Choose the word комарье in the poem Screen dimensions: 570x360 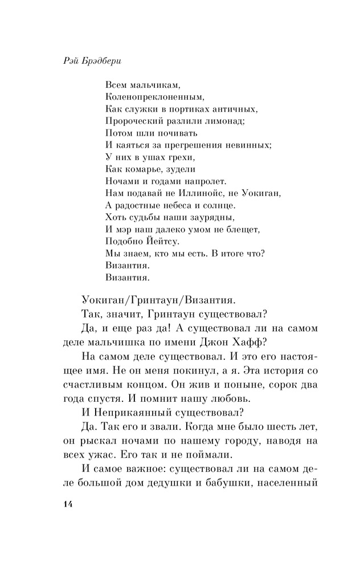(139, 169)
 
